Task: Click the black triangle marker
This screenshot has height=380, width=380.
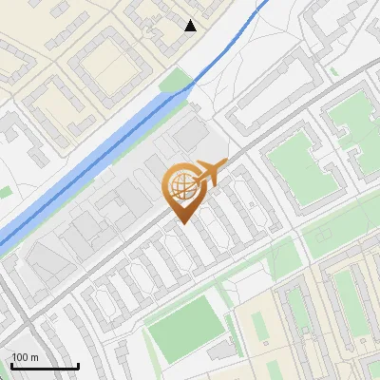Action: (x=190, y=26)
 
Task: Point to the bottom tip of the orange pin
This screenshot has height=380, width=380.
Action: (x=181, y=224)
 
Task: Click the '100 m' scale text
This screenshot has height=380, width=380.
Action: (x=26, y=357)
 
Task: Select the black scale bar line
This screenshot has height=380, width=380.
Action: (x=45, y=367)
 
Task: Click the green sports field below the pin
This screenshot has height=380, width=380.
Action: (x=184, y=329)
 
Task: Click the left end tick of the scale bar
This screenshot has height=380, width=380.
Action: (x=11, y=365)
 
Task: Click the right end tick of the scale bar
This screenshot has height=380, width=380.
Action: (x=78, y=365)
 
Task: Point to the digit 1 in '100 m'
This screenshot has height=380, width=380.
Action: (x=14, y=357)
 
